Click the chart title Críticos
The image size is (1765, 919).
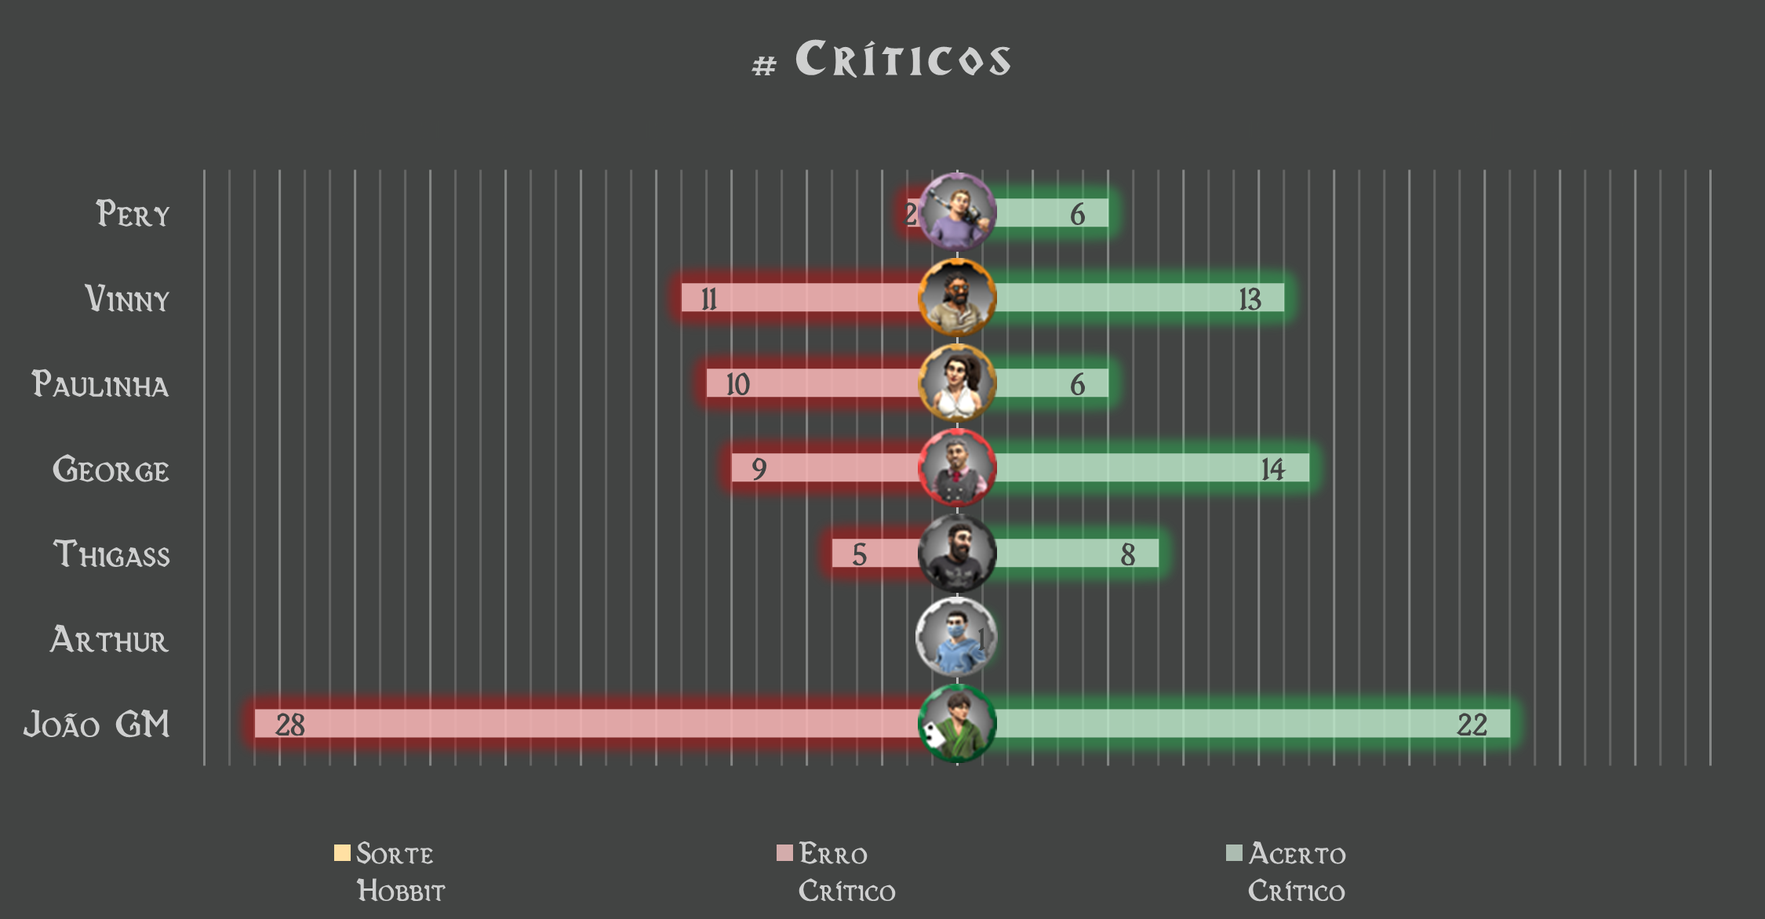point(882,59)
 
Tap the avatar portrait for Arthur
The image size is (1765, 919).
point(957,637)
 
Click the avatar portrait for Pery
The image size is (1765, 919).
point(957,212)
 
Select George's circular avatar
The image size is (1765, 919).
point(957,468)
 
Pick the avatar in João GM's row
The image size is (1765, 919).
point(957,724)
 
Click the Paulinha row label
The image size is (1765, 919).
point(100,384)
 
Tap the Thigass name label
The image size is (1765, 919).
point(111,554)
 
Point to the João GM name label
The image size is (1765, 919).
point(96,725)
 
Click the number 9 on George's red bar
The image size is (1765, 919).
point(759,469)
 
